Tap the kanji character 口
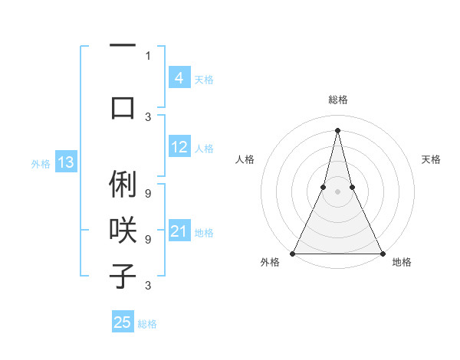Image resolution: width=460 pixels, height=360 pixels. click(x=123, y=107)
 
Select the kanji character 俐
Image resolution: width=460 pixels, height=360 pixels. click(x=123, y=186)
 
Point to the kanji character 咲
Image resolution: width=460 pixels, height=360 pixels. click(x=123, y=231)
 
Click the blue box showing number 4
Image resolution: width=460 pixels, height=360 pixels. click(x=179, y=78)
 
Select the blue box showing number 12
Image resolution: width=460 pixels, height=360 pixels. click(x=179, y=147)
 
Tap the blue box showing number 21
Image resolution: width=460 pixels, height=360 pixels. click(x=179, y=231)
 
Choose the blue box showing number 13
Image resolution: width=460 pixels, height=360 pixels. click(x=66, y=162)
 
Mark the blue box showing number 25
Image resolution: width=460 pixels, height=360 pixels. click(x=123, y=322)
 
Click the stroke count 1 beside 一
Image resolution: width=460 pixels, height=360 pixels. click(x=148, y=56)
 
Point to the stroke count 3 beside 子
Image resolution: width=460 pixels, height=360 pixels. click(x=148, y=286)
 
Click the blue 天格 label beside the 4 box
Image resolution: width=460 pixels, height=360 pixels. click(x=204, y=80)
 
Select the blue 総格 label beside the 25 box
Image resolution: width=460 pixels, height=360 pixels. click(x=147, y=324)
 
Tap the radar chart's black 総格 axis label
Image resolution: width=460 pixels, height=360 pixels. click(x=337, y=100)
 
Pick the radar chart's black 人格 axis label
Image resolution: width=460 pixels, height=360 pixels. click(x=245, y=159)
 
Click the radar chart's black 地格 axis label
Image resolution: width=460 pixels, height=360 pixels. click(x=402, y=262)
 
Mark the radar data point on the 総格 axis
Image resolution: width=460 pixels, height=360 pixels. click(x=337, y=129)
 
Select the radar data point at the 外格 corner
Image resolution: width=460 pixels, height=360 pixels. click(x=293, y=253)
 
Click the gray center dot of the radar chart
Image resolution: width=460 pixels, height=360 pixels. click(x=337, y=192)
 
